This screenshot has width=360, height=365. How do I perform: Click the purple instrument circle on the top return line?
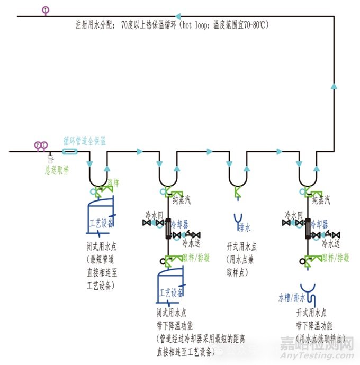(x=46, y=10)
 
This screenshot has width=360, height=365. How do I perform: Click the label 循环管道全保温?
(x=85, y=141)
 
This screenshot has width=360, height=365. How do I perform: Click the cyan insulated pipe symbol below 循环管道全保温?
(x=69, y=152)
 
